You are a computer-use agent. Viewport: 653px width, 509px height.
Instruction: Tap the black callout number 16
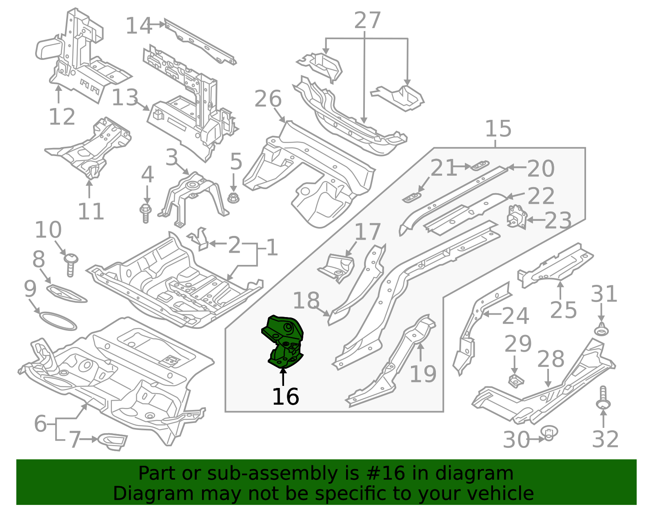pyautogui.click(x=285, y=397)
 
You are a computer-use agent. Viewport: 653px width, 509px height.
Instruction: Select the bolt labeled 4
pyautogui.click(x=146, y=214)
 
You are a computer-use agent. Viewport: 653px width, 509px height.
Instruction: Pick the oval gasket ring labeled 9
pyautogui.click(x=58, y=321)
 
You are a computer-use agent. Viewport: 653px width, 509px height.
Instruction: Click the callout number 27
pyautogui.click(x=368, y=20)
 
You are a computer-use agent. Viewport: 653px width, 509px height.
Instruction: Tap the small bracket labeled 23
pyautogui.click(x=517, y=216)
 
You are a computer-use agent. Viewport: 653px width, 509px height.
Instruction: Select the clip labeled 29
pyautogui.click(x=516, y=381)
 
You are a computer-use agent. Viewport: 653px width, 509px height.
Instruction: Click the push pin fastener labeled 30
pyautogui.click(x=549, y=434)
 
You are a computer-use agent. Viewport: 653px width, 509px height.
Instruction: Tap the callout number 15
pyautogui.click(x=498, y=128)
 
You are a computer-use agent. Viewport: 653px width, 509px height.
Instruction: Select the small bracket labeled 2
pyautogui.click(x=199, y=239)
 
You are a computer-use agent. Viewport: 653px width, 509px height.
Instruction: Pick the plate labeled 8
pyautogui.click(x=67, y=293)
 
